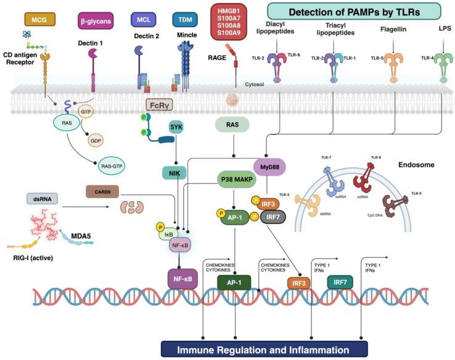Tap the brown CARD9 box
tap(102, 192)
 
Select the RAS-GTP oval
tap(115, 165)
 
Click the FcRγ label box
tap(158, 105)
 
